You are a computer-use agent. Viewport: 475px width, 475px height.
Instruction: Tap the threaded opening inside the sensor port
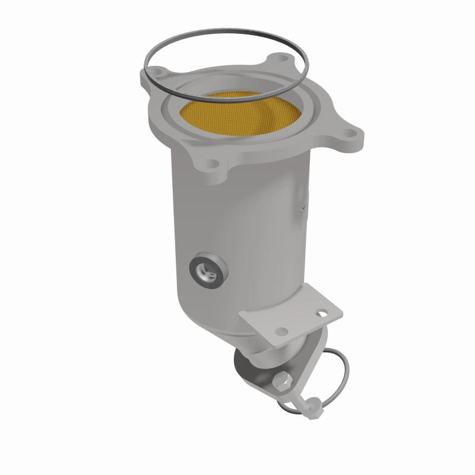coord(206,273)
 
